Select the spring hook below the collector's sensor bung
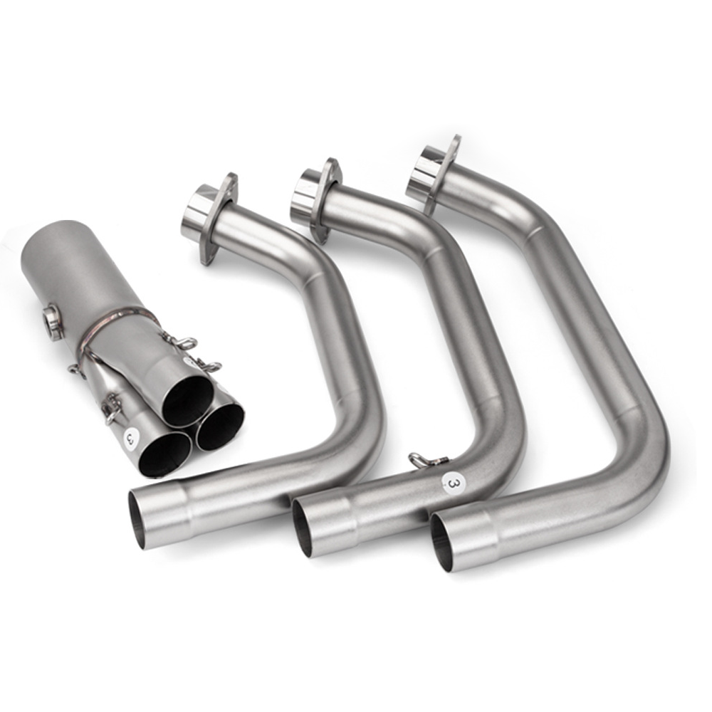click(x=77, y=368)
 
